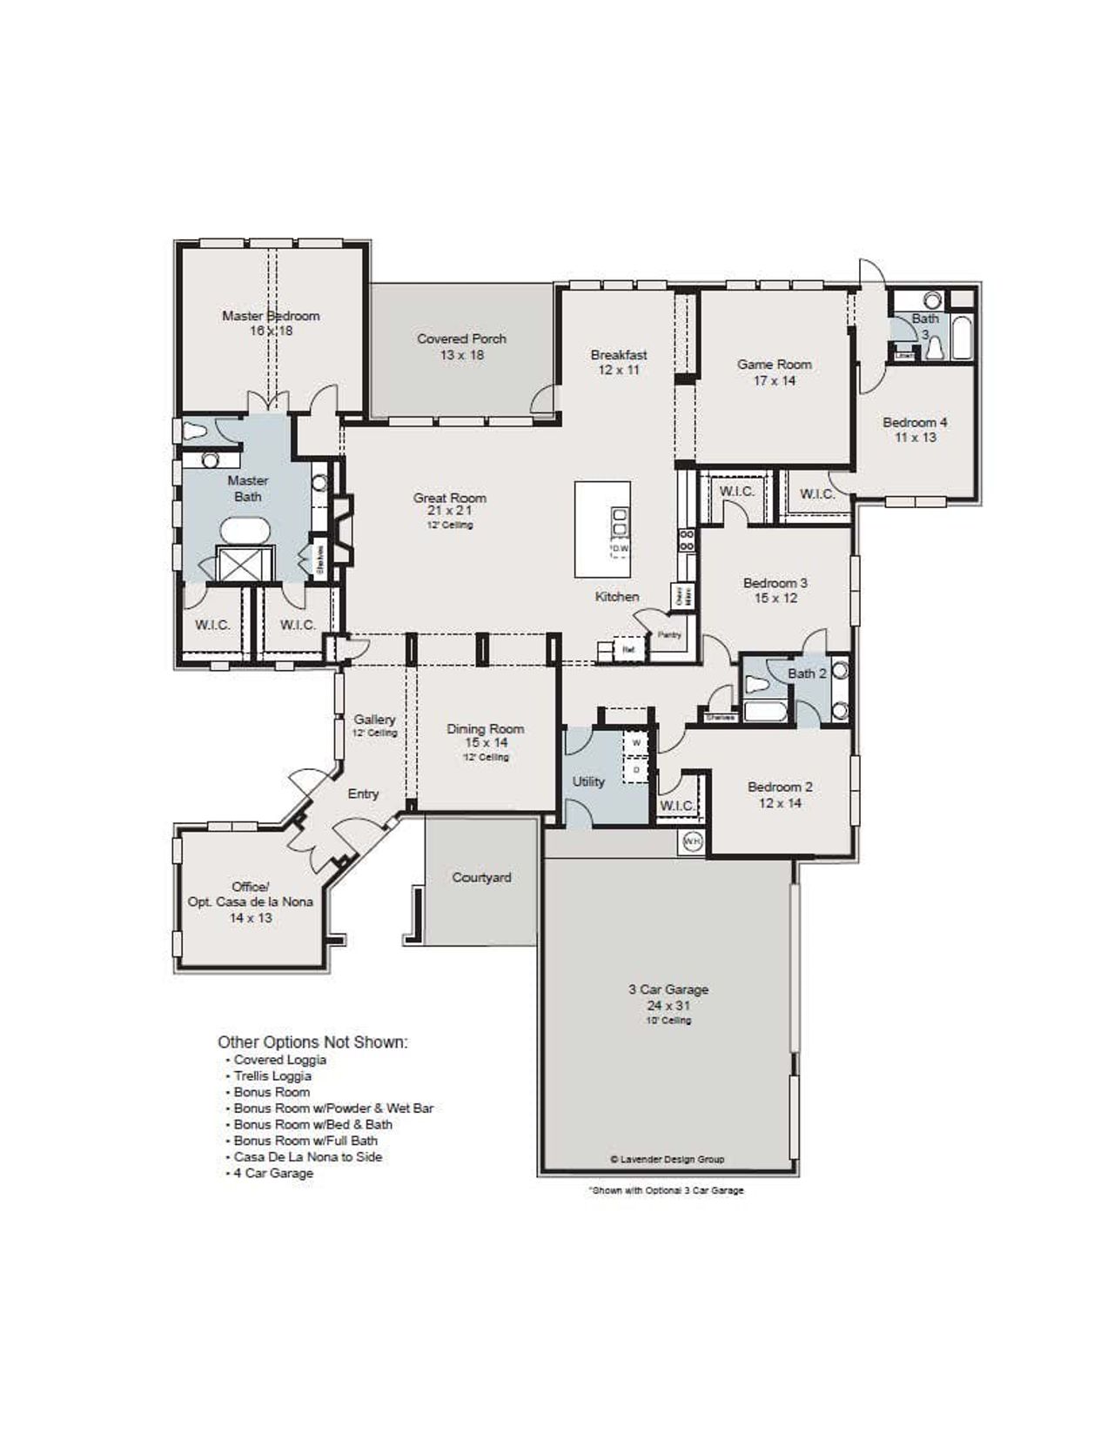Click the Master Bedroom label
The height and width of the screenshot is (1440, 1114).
tap(271, 317)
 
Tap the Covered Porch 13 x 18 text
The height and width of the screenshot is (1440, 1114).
tap(461, 346)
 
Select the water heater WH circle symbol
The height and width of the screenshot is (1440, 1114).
tap(692, 841)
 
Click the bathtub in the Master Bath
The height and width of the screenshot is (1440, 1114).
tap(247, 530)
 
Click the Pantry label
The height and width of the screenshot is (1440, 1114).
tap(669, 635)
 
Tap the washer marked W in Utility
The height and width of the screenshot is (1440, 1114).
tap(636, 743)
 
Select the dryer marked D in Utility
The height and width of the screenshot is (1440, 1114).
tap(636, 770)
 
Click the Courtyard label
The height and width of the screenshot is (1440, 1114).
tap(481, 877)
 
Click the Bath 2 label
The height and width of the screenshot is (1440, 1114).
tap(807, 673)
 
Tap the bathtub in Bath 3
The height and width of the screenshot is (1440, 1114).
tap(962, 338)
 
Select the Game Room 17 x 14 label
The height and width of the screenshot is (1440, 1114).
tap(775, 372)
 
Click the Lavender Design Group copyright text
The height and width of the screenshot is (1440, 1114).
tap(668, 1159)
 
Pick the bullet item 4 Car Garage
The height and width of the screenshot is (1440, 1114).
tap(272, 1173)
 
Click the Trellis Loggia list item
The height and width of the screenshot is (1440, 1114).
tap(272, 1075)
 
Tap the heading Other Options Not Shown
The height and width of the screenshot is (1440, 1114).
tap(312, 1041)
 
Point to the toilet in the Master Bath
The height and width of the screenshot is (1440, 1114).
tap(194, 431)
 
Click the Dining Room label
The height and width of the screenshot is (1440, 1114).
tap(486, 736)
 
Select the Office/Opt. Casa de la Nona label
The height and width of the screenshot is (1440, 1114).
tap(251, 901)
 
